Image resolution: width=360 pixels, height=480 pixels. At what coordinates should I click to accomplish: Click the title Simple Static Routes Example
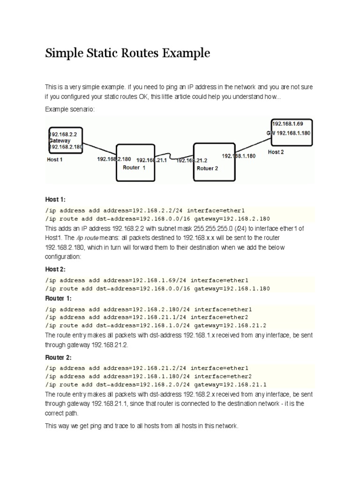click(x=127, y=53)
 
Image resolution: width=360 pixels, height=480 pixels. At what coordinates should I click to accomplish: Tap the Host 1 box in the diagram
click(x=66, y=140)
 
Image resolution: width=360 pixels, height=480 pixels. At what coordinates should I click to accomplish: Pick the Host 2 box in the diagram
click(x=291, y=133)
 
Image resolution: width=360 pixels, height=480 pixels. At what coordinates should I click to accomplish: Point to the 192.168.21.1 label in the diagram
click(x=151, y=160)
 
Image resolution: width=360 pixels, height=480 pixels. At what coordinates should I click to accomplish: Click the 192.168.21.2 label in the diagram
click(x=191, y=160)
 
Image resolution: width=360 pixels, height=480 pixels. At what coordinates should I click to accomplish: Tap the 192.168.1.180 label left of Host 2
click(x=239, y=156)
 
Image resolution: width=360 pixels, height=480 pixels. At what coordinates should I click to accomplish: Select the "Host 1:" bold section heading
click(x=56, y=200)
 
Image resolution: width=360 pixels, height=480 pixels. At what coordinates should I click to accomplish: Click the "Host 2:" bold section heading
click(x=56, y=269)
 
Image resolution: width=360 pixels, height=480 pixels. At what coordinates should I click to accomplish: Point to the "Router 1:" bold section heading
click(x=59, y=298)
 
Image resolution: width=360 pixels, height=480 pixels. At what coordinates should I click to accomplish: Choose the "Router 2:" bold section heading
click(x=59, y=357)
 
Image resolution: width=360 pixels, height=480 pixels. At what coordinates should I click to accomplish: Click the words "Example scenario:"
click(x=70, y=109)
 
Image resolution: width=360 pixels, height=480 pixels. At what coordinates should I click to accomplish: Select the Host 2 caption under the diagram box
click(x=276, y=152)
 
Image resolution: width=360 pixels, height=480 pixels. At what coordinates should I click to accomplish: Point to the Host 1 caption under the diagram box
click(x=54, y=159)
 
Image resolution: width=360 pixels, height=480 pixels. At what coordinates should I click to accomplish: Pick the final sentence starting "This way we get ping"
click(x=142, y=426)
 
